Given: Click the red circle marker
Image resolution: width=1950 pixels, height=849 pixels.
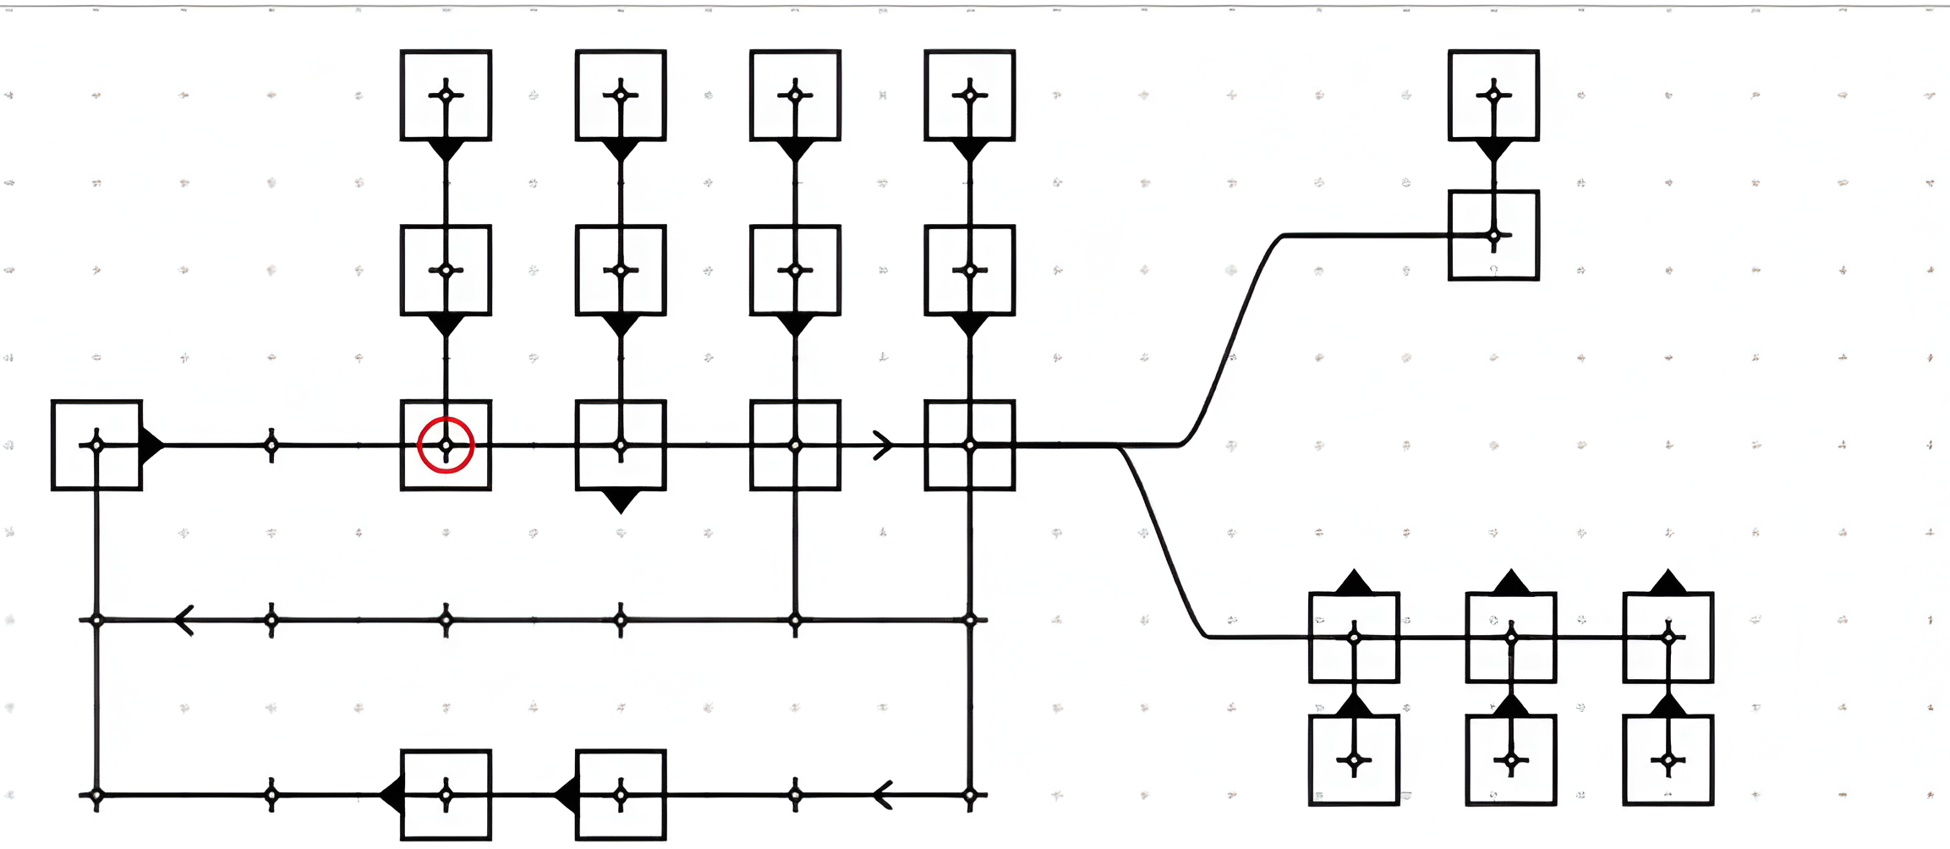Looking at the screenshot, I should pos(446,445).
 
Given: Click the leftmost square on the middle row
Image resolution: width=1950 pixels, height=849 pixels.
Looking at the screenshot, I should pos(96,445).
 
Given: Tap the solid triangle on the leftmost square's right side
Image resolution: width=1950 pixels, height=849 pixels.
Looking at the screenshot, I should pos(151,445).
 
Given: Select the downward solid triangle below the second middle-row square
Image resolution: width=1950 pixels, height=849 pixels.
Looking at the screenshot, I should pos(621,500).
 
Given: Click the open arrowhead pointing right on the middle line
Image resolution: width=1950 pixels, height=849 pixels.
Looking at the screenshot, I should pos(882,445).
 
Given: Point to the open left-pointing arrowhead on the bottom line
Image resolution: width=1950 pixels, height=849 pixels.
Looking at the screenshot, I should pos(883,795).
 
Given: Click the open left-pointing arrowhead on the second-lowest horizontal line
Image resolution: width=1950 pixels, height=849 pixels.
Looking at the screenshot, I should pos(184,620).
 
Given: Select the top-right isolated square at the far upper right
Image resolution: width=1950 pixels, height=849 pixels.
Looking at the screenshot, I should pos(1493,95).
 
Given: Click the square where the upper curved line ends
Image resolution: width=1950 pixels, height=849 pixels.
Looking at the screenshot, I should pos(1493,235).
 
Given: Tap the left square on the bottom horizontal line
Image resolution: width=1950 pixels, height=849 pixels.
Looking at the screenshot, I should pos(446,795).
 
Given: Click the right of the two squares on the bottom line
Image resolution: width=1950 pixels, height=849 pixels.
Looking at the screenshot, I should pos(621,795).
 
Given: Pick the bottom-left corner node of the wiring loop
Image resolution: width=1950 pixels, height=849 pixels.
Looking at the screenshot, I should pos(96,795).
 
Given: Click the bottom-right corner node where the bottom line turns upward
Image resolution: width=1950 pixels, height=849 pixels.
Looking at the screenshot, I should pos(970,795).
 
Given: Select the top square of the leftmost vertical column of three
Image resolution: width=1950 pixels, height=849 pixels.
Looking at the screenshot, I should pos(446,95).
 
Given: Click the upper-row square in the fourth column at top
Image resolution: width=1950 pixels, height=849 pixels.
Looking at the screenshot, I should pos(970,95).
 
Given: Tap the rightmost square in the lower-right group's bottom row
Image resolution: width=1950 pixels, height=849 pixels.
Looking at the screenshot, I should pos(1668,759).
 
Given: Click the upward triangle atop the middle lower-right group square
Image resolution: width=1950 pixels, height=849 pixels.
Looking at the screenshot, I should pos(1511,583).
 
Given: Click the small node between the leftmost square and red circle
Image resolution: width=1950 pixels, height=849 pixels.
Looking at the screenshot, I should pos(271,445).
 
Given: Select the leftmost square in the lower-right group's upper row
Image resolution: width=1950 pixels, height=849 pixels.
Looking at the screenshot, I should pos(1354,637).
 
